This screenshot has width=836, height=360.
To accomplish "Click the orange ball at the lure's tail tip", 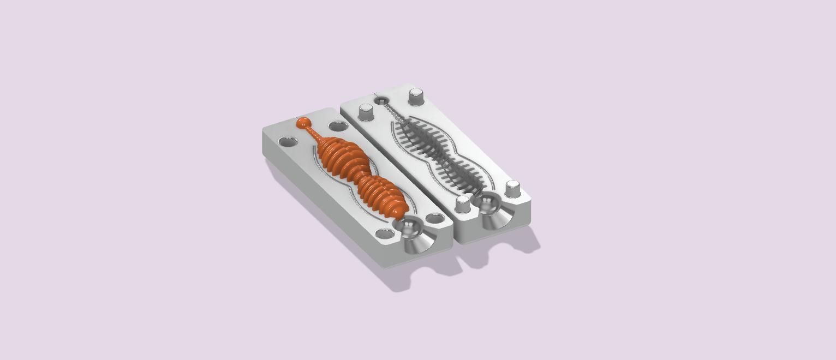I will click(303, 123).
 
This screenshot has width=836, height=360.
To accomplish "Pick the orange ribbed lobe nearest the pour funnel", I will click(383, 197).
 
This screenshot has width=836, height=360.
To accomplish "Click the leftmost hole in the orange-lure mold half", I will click(288, 142).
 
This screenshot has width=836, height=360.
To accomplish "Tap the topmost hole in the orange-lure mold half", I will click(338, 126).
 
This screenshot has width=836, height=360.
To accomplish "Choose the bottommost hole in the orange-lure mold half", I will click(385, 234).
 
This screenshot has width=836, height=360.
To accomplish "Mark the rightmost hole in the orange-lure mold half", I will click(435, 219).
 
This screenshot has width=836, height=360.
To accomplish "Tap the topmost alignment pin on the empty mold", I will click(416, 96).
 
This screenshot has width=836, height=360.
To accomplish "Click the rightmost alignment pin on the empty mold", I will click(513, 189).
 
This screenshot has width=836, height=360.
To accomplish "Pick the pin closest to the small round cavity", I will click(366, 112).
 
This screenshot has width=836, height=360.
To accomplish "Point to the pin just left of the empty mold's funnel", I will click(463, 205).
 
